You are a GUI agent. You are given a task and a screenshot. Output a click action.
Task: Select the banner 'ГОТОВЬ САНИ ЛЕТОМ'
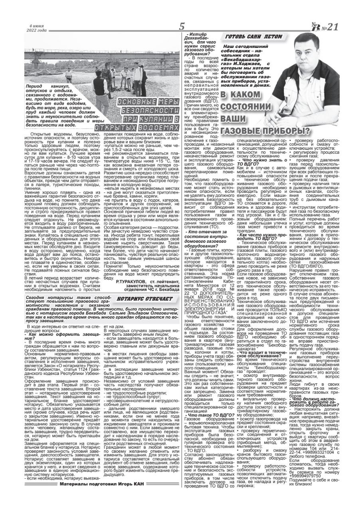pyautogui.click(x=254, y=37)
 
